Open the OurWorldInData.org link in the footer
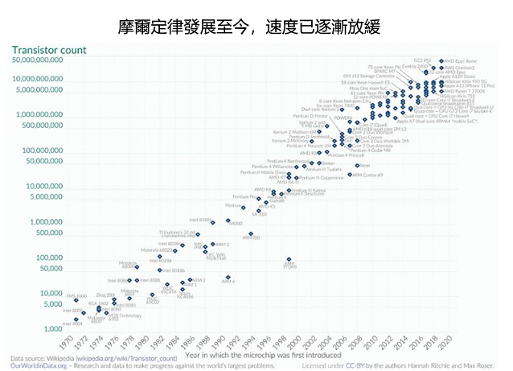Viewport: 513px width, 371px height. coord(38,365)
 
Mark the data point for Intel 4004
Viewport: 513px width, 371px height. coord(77,319)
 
